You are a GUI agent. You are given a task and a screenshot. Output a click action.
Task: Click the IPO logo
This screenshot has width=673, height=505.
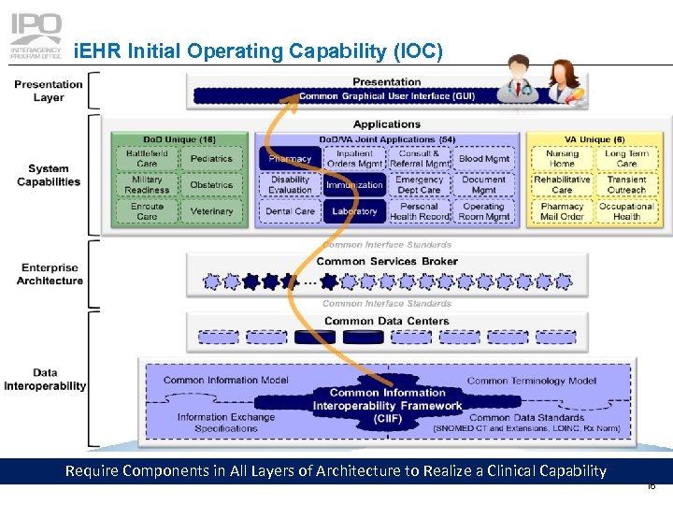tap(36, 35)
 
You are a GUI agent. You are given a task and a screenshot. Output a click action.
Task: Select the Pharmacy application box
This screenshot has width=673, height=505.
tap(290, 159)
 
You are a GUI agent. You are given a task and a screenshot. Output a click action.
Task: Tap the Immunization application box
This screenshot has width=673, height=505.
tap(354, 185)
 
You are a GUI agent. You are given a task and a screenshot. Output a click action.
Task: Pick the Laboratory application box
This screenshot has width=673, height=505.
tap(354, 211)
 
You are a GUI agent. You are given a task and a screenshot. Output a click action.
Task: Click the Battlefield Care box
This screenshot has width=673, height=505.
tap(147, 159)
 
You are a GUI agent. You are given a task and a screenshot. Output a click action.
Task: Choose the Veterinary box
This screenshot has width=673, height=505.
tap(211, 211)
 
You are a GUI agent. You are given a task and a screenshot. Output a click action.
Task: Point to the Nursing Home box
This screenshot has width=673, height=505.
tap(562, 159)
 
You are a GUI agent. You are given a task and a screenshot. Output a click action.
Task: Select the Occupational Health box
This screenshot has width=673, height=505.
tap(626, 211)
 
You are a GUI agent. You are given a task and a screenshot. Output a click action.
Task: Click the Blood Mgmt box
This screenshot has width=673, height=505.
tap(484, 159)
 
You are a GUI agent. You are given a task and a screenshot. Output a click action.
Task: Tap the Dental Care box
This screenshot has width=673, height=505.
tap(290, 211)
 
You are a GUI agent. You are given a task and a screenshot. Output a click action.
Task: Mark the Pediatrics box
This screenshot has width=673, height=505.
tap(211, 159)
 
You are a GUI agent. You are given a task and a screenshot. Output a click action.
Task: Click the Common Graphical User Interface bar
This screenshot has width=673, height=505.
tap(387, 95)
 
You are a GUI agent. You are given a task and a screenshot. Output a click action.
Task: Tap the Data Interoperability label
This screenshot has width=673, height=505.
tap(45, 379)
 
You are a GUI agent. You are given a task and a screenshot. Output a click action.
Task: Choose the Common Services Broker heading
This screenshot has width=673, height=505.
tap(387, 261)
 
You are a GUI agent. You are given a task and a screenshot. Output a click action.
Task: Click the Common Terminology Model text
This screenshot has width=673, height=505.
tap(531, 381)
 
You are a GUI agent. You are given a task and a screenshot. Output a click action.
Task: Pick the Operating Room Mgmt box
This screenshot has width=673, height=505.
tap(484, 211)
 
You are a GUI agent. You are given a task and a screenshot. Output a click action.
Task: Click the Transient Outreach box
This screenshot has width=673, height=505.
tap(626, 185)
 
